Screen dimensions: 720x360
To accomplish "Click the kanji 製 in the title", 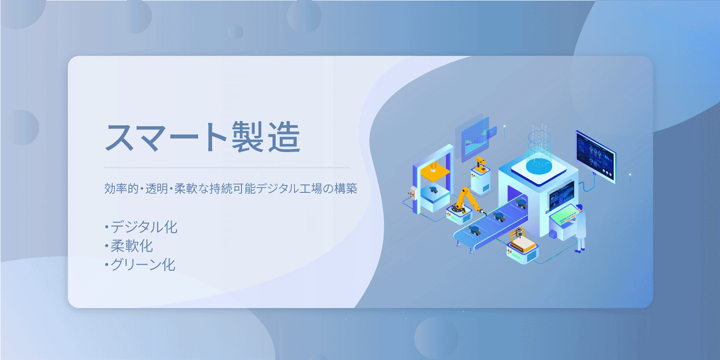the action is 248,137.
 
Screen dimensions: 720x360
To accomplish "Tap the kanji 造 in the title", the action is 284,137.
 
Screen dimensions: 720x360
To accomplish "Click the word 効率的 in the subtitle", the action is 121,189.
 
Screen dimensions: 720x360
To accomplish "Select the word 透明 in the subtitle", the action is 157,189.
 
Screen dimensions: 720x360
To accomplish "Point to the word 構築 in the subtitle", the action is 346,189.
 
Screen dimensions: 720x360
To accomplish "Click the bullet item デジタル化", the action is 141,227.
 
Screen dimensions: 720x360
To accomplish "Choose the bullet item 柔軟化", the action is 129,246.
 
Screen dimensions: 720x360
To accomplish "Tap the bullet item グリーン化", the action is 140,265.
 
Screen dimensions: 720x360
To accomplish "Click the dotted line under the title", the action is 227,167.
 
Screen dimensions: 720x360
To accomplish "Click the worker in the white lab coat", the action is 580,228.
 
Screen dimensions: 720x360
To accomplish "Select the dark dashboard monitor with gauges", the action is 595,156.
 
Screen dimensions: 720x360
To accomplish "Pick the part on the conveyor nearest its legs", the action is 474,230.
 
